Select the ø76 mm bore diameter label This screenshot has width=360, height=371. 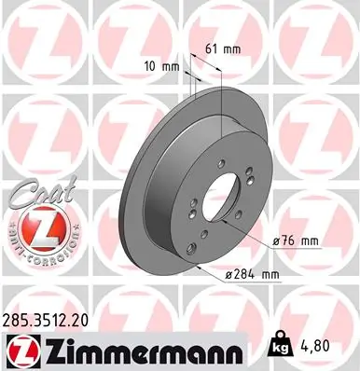pyautogui.click(x=297, y=240)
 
